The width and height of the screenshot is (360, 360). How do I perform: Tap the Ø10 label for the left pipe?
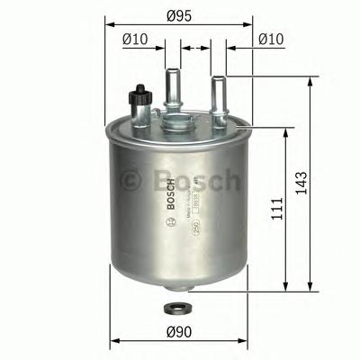pos(134,39)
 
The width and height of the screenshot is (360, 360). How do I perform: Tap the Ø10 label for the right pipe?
pos(271,39)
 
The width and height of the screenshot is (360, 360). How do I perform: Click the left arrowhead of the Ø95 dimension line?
pos(111,24)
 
